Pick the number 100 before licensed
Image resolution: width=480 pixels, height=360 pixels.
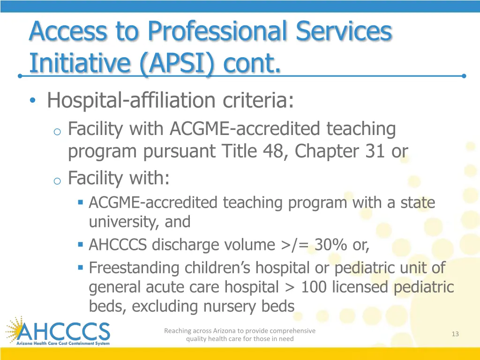pos(314,287)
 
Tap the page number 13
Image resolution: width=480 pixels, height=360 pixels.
pos(455,334)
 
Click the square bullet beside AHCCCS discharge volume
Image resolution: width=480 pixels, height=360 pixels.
pos(81,244)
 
